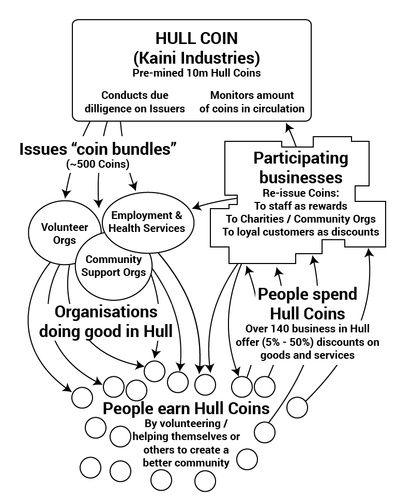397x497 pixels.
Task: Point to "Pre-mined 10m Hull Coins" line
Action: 196,73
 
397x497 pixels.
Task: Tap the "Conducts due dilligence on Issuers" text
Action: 135,102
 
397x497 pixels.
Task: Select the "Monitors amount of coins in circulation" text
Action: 252,102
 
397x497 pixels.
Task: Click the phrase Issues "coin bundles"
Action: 98,149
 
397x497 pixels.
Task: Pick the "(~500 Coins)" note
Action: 97,165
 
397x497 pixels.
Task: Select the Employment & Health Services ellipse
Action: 147,221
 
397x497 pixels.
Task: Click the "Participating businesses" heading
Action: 301,167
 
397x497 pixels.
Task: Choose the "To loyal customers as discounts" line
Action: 301,231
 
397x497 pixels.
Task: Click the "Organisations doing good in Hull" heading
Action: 106,321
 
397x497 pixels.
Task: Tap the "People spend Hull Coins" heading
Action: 308,303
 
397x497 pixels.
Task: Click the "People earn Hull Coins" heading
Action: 186,408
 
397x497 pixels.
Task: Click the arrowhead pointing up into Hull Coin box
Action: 288,127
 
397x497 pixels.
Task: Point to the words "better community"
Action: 186,462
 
